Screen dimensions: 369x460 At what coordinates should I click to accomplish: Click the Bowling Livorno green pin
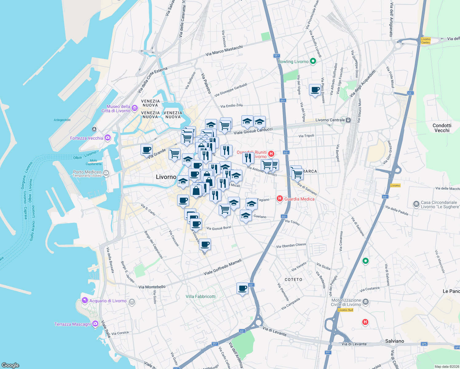[313, 61]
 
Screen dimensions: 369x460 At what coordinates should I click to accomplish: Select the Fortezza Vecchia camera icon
[108, 138]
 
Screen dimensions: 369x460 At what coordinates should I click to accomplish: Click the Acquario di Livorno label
[108, 301]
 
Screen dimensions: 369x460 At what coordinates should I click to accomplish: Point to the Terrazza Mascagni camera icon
[95, 323]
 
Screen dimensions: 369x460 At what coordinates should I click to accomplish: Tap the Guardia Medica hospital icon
[280, 199]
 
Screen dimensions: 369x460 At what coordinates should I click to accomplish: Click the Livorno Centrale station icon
[348, 120]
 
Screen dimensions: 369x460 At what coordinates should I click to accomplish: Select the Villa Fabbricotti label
[200, 296]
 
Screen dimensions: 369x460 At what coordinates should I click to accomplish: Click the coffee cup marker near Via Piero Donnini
[315, 90]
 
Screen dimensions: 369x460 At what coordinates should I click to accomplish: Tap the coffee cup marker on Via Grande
[147, 150]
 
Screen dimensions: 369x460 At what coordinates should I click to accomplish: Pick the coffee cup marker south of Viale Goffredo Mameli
[242, 288]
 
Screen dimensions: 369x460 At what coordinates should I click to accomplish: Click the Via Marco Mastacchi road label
[224, 50]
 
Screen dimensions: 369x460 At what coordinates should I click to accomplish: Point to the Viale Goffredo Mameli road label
[223, 267]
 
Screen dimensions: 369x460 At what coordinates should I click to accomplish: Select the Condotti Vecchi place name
[442, 128]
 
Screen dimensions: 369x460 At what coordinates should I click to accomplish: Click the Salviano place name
[395, 341]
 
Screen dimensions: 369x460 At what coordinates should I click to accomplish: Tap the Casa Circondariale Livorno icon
[416, 204]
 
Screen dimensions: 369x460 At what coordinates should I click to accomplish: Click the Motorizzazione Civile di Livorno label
[346, 302]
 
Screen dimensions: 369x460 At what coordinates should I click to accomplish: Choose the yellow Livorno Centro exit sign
[426, 41]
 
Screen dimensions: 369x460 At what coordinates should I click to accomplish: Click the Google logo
[10, 365]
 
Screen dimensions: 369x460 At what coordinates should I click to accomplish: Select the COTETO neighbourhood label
[293, 280]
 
